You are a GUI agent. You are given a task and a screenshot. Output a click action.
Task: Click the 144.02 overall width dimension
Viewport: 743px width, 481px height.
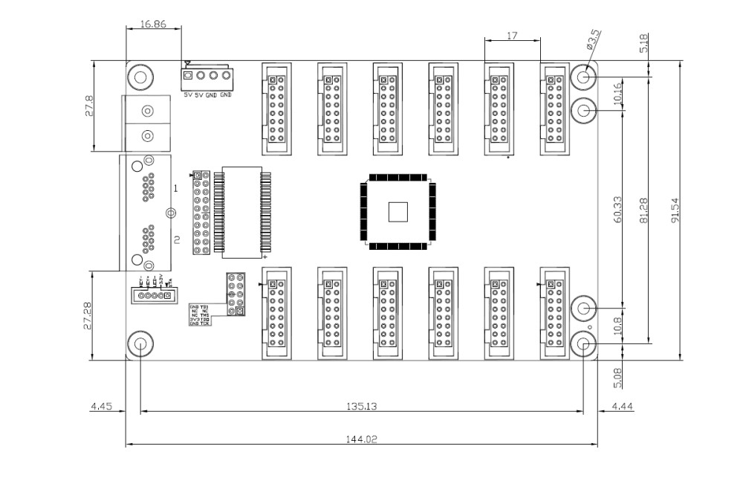(x=362, y=439)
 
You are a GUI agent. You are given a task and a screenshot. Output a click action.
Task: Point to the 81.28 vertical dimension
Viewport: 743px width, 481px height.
(x=643, y=210)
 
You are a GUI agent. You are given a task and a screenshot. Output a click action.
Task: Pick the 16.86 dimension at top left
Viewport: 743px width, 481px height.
(x=153, y=24)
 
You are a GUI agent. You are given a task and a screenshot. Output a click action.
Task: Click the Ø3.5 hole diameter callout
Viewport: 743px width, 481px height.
(x=594, y=39)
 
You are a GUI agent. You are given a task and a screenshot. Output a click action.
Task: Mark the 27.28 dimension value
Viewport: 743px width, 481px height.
(x=88, y=315)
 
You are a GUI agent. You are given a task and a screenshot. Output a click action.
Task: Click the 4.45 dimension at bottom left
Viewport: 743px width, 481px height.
(x=100, y=406)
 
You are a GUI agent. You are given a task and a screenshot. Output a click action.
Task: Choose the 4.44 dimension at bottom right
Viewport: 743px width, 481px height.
(x=620, y=406)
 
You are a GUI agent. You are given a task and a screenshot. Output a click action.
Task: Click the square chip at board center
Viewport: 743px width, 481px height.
(x=398, y=212)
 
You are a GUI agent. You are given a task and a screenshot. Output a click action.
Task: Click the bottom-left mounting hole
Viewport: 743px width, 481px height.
(x=139, y=344)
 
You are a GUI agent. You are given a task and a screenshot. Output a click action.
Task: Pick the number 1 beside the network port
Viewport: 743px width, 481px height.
(x=175, y=189)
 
